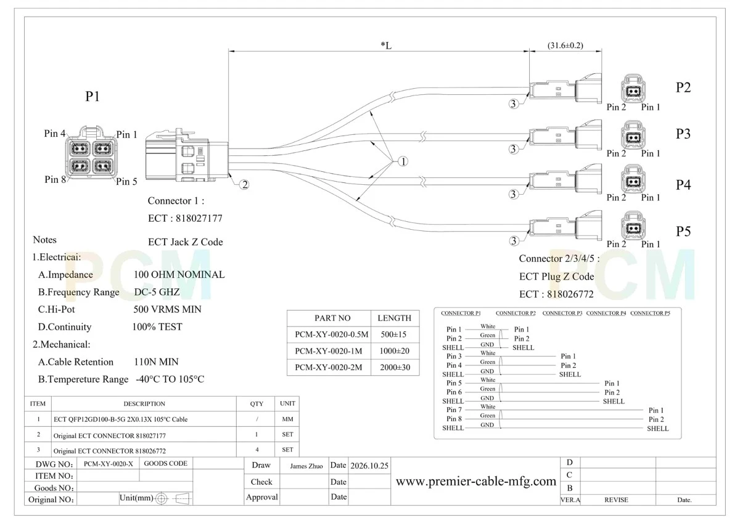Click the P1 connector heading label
pos(92,96)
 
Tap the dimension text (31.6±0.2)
pos(565,45)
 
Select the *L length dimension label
pos(386,45)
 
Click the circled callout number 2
pos(244,184)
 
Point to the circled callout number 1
pos(403,161)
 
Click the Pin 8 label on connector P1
pos(55,179)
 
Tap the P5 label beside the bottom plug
pos(683,231)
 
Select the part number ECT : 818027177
pos(185,218)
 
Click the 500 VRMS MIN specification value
pos(167,309)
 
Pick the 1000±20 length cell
pos(394,351)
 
